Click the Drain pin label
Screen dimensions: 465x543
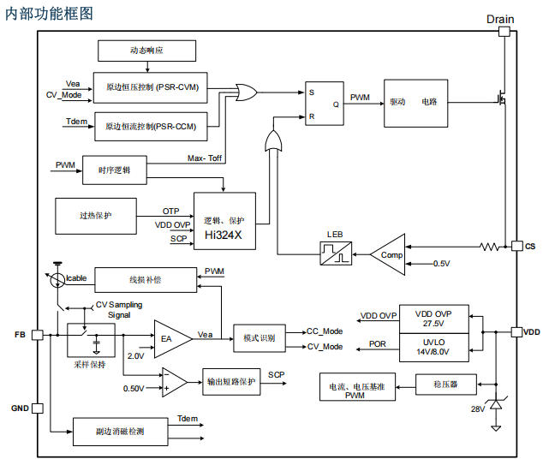[500, 19]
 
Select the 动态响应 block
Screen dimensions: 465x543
[146, 51]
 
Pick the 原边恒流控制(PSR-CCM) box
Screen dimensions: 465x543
[149, 127]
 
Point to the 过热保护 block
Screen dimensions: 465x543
[94, 216]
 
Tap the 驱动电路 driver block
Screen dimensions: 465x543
[415, 100]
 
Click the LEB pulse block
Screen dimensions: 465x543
[335, 253]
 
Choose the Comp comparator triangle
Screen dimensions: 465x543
[388, 253]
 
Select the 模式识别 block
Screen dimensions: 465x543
[260, 337]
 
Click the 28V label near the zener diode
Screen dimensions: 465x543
[478, 408]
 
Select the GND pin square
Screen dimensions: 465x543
[38, 408]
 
